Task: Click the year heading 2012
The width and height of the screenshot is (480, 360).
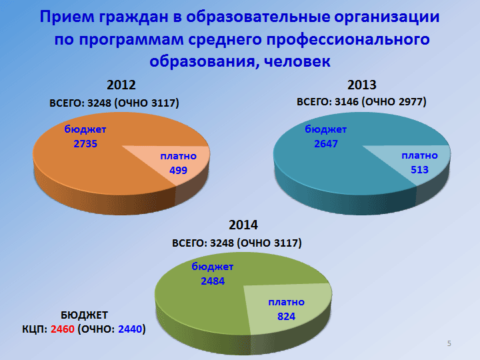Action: [121, 85]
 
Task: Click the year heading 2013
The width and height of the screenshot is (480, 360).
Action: [361, 85]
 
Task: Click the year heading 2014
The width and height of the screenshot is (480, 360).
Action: [243, 225]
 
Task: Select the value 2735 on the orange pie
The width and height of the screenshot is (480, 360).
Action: [85, 143]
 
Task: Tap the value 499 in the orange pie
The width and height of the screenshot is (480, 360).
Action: [178, 170]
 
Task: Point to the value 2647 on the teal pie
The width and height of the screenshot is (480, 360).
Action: [326, 143]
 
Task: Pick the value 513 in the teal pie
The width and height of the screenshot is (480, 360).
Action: [419, 169]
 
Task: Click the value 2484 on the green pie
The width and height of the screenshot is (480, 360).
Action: [213, 281]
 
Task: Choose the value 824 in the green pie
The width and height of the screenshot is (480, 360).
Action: [286, 316]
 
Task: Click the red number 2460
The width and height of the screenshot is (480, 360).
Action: [63, 329]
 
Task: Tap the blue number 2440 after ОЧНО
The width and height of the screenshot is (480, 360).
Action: [130, 329]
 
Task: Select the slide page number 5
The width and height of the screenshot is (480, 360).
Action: [449, 343]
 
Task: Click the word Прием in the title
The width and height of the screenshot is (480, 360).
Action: [67, 17]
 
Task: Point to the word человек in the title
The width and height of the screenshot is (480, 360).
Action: [297, 61]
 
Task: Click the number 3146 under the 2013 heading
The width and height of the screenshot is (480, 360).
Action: [346, 101]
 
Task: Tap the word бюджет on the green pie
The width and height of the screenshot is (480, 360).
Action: [213, 267]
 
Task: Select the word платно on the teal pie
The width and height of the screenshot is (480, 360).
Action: [419, 156]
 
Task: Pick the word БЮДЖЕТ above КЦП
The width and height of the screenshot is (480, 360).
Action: [84, 315]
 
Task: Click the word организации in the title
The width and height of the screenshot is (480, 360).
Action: [387, 17]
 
